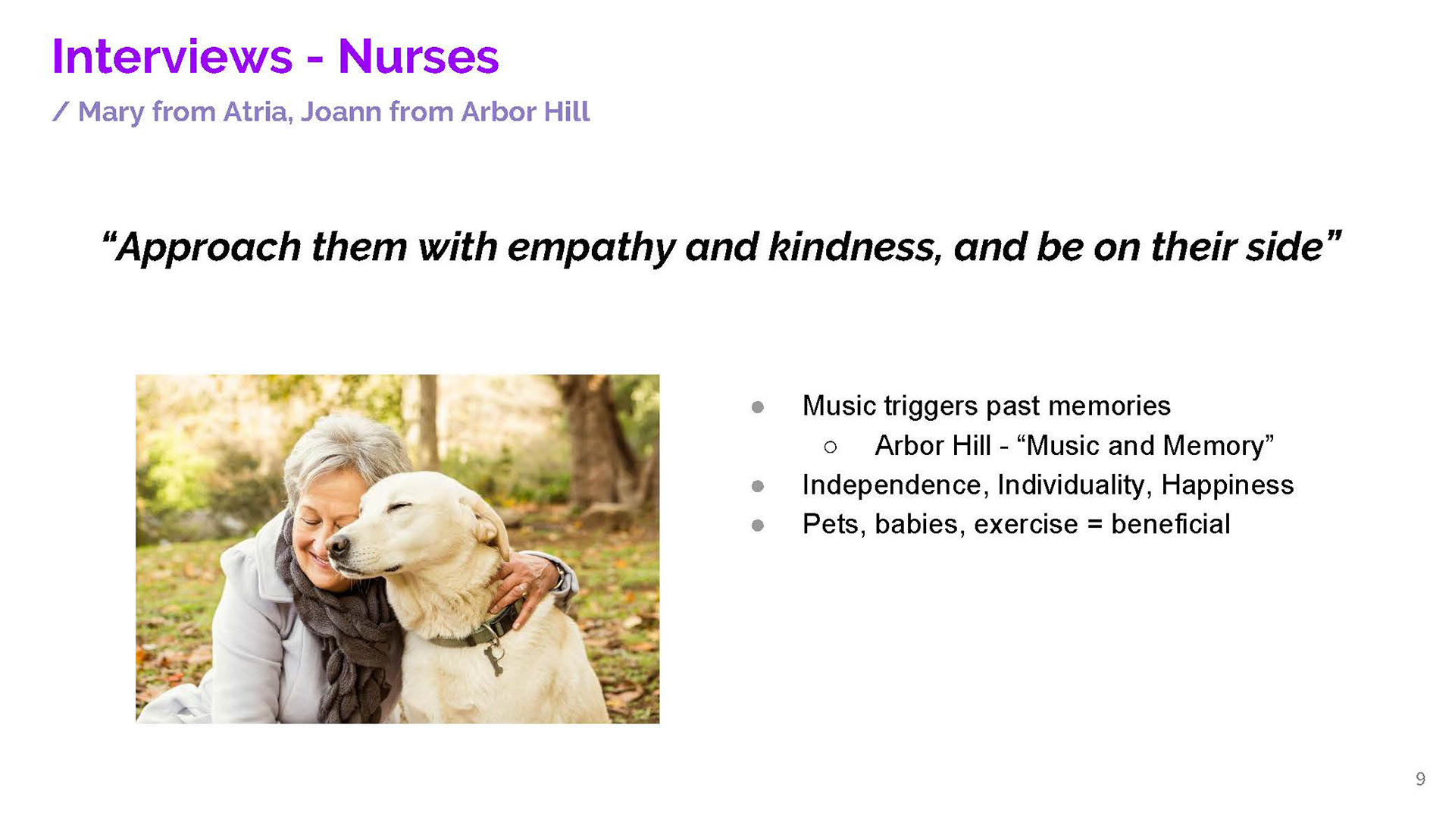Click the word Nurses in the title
click(x=418, y=57)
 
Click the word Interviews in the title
click(x=172, y=57)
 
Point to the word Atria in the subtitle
click(x=257, y=112)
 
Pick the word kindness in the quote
click(x=855, y=247)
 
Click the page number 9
click(x=1420, y=780)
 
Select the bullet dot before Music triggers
click(x=758, y=407)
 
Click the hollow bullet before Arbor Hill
click(x=831, y=447)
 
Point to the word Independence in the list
click(x=896, y=485)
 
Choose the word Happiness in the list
click(x=1228, y=485)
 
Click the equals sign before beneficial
click(x=1095, y=525)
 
